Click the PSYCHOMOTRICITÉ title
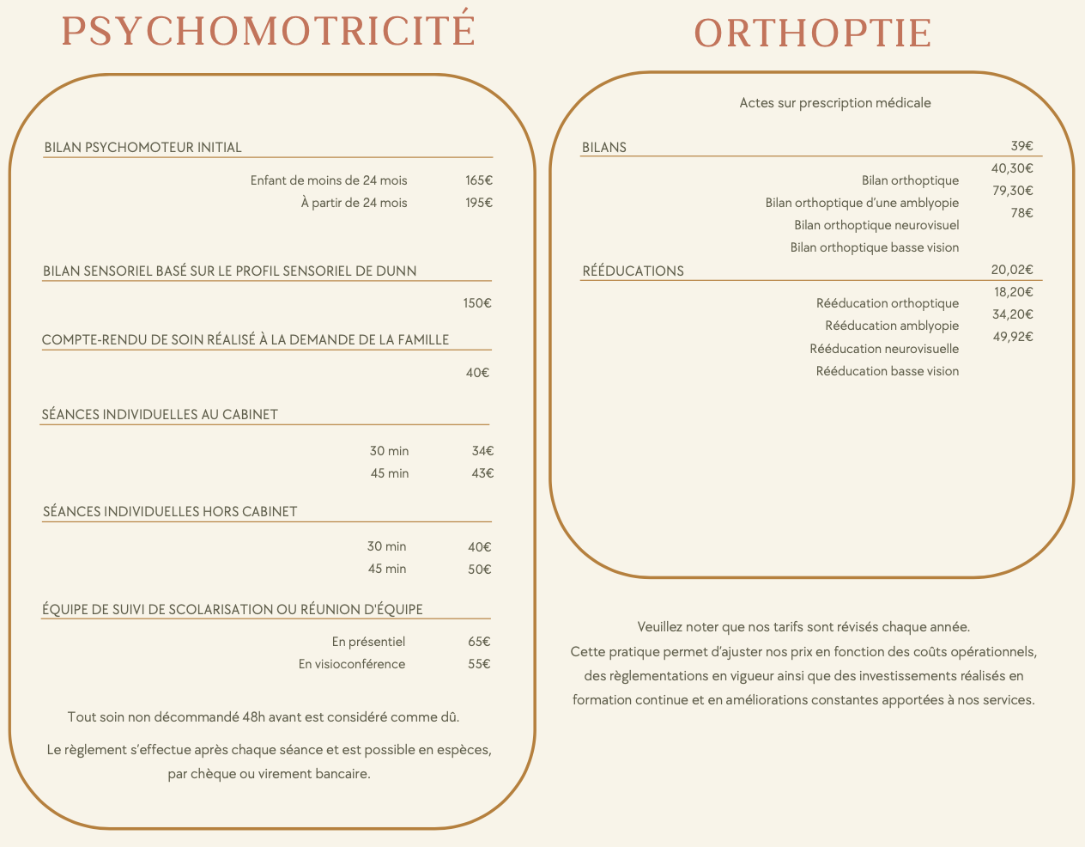[269, 31]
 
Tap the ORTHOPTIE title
[812, 34]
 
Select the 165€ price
[479, 180]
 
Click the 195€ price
[479, 203]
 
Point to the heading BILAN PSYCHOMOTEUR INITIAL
[142, 148]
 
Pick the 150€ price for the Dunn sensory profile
[477, 303]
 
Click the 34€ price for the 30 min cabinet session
[482, 451]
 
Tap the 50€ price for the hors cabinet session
[479, 569]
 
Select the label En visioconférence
[352, 664]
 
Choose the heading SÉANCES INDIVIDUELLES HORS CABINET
[170, 512]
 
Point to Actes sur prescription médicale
[835, 103]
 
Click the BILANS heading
[604, 148]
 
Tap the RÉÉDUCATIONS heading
[633, 271]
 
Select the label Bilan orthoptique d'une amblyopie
[862, 203]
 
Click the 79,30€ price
[1012, 191]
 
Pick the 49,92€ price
[1012, 337]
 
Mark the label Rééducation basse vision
[888, 371]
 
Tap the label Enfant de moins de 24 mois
[329, 180]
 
